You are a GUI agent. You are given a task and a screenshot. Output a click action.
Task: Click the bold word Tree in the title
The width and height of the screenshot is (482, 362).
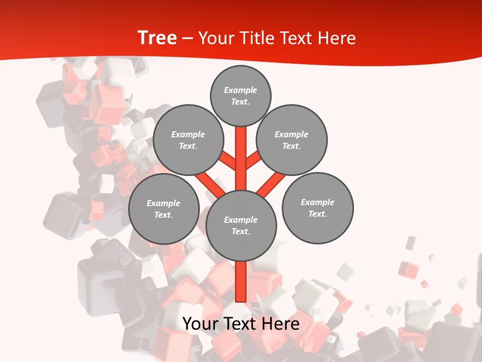click(157, 38)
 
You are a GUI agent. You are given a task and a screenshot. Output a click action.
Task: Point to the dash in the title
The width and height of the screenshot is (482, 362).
click(187, 39)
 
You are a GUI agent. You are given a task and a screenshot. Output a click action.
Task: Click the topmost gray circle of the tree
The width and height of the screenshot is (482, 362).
click(240, 96)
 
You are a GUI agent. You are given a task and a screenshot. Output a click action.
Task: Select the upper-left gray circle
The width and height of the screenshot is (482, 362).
click(188, 140)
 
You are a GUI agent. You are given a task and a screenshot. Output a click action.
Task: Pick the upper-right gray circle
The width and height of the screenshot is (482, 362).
click(292, 140)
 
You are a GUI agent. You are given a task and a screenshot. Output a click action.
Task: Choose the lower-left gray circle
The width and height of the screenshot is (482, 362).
click(164, 209)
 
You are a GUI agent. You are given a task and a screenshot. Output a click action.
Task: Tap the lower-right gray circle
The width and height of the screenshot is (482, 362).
click(317, 208)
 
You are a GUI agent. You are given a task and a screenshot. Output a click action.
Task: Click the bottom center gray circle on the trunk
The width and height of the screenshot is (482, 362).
click(241, 225)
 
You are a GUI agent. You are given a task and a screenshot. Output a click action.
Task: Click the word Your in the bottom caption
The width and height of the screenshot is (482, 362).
click(200, 324)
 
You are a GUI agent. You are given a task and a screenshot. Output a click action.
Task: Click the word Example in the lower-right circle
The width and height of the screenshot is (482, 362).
click(317, 202)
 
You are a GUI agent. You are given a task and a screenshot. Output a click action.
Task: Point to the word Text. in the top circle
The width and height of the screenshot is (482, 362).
click(240, 102)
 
